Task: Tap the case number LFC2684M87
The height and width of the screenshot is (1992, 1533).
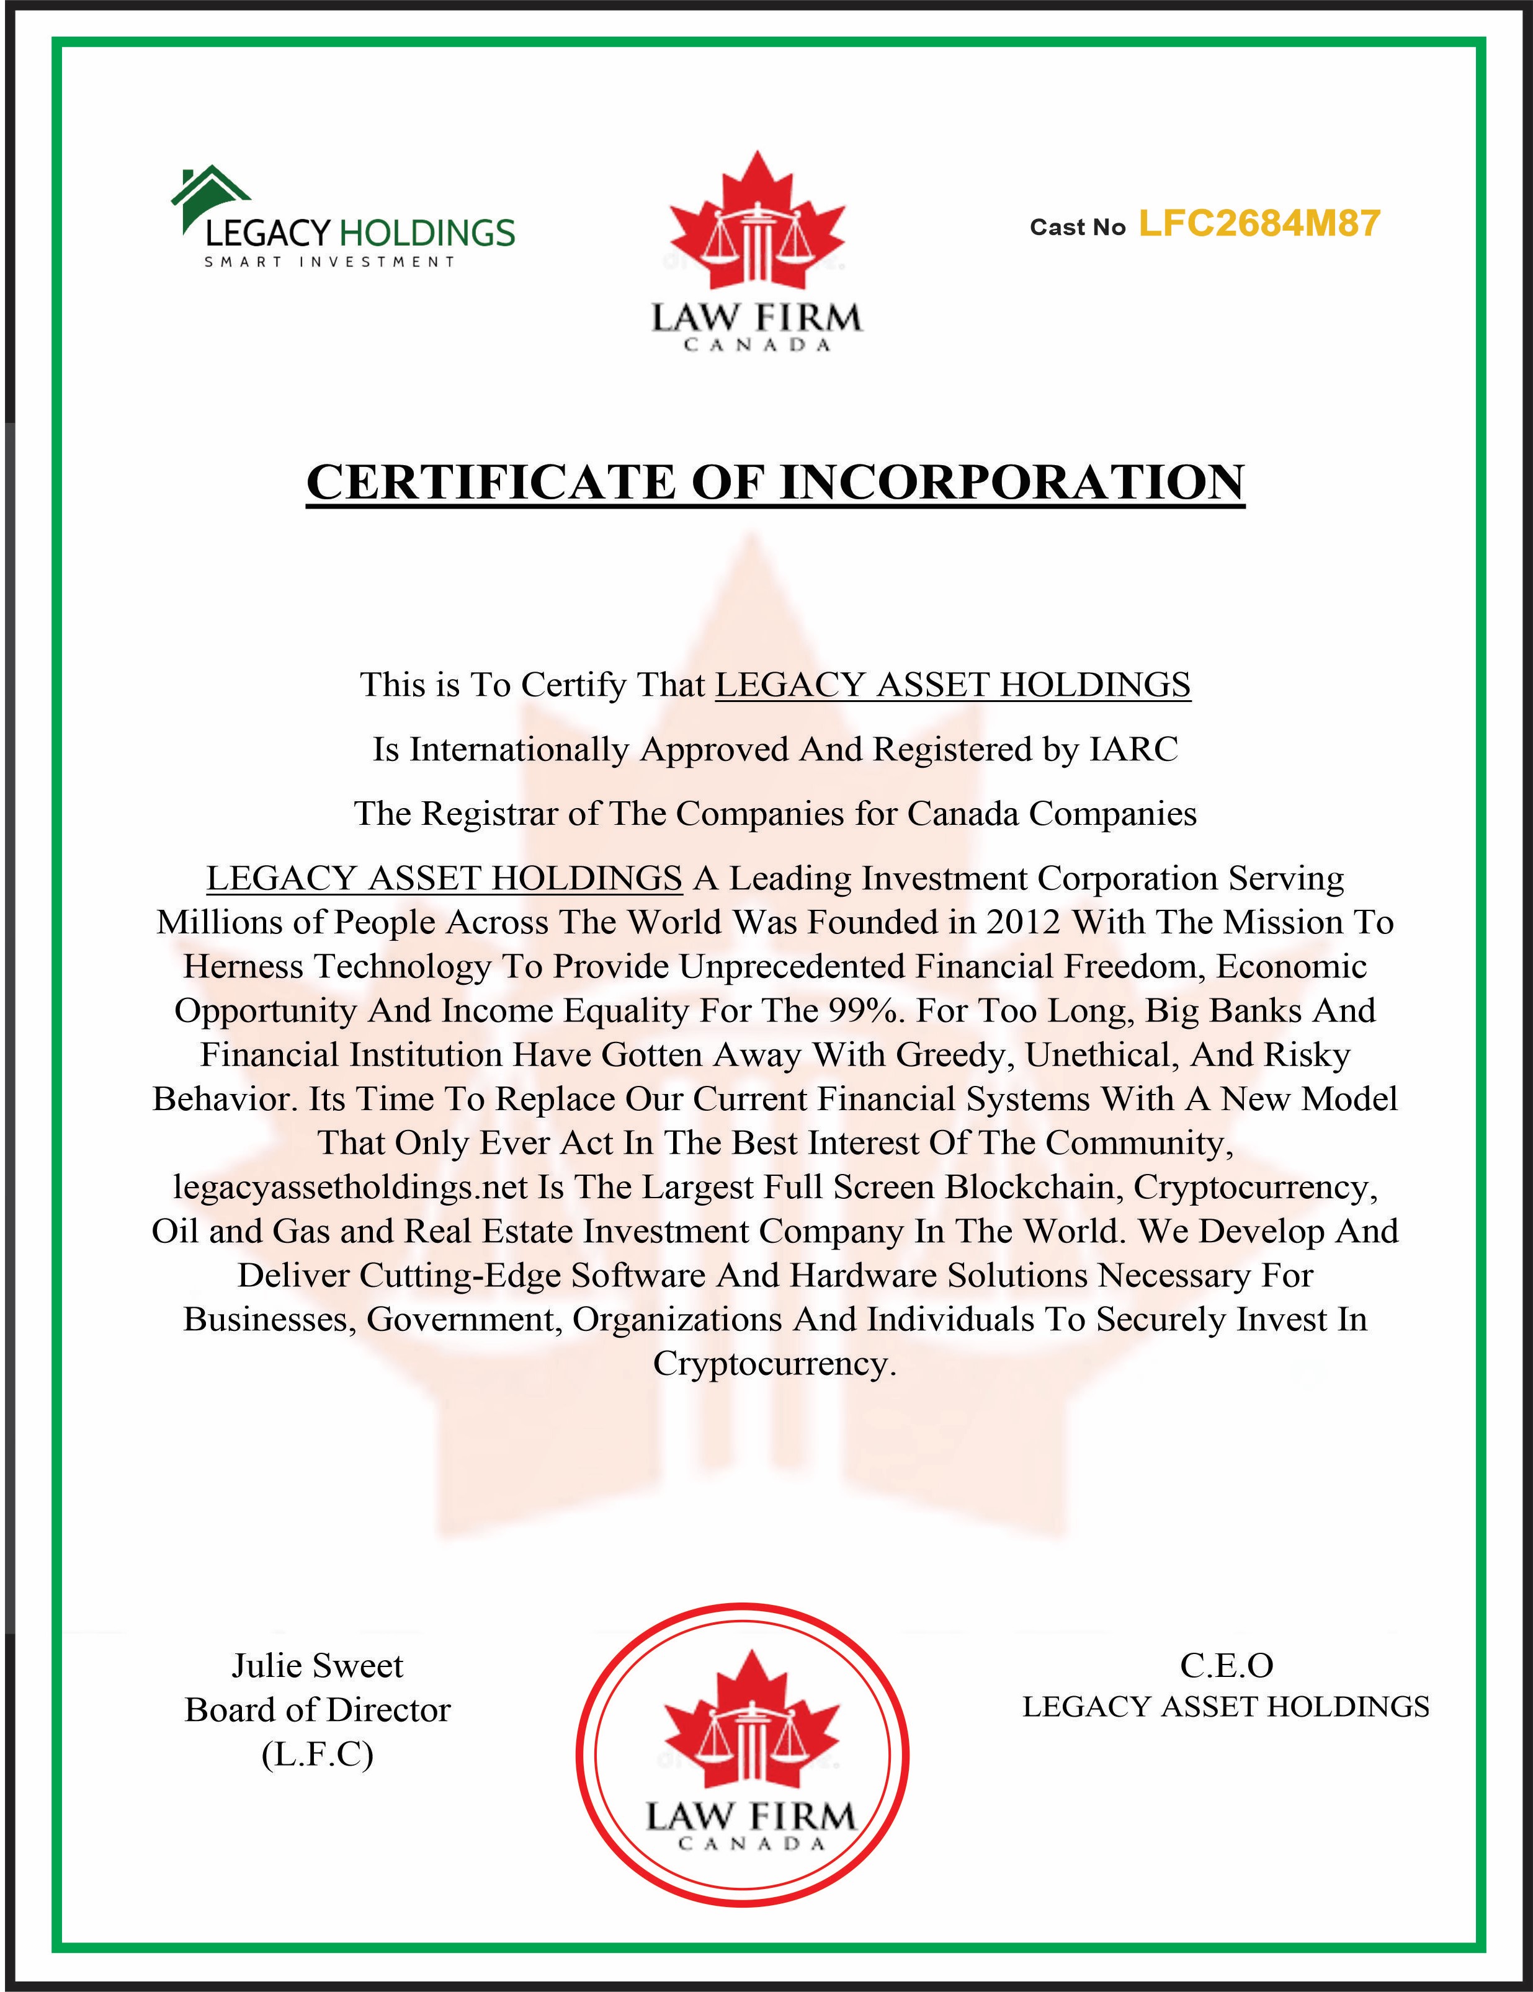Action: click(1259, 223)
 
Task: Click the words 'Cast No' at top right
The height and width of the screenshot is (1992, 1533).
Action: click(1078, 227)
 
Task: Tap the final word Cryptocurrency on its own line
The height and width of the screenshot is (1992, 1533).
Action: click(774, 1364)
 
